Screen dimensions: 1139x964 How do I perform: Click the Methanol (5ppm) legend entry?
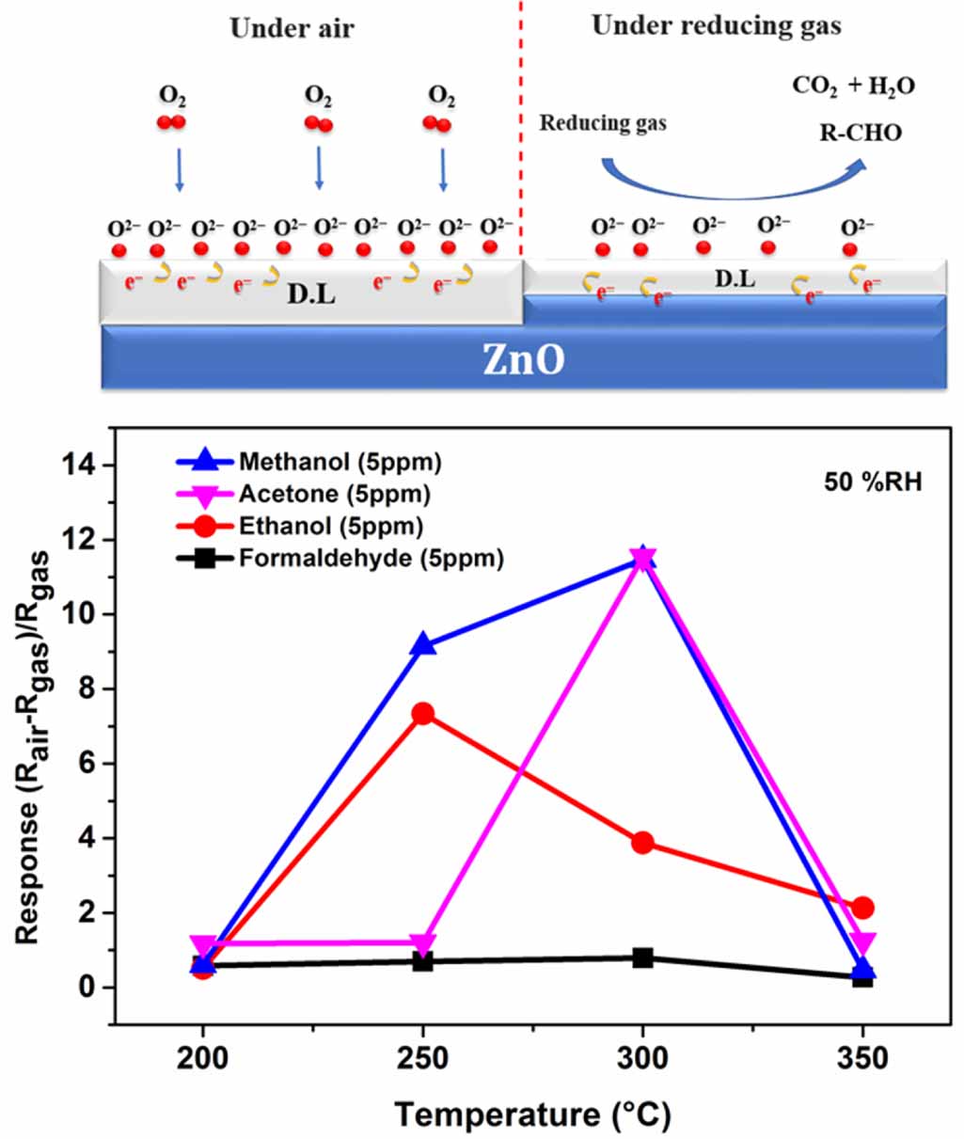(339, 462)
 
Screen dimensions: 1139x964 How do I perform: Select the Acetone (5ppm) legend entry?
(334, 494)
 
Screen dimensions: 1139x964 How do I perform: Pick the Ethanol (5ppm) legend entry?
(330, 526)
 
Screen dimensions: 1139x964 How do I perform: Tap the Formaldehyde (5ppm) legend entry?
(371, 558)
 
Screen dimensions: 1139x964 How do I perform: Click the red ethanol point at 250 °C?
(422, 714)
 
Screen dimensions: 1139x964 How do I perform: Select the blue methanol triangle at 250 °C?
(422, 645)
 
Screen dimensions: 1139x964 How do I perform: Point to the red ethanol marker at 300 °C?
(642, 842)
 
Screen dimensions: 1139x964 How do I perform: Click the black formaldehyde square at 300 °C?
(642, 958)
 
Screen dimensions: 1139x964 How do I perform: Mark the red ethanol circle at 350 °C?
(862, 908)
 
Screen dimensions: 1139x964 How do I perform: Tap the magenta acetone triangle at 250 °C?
(422, 944)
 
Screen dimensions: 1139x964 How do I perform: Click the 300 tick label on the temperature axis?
(642, 1058)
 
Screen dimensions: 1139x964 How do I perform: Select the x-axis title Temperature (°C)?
(532, 1115)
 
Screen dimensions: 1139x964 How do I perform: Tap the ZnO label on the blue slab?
(524, 359)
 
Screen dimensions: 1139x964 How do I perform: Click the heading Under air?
(292, 28)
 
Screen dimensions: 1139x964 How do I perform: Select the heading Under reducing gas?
(716, 25)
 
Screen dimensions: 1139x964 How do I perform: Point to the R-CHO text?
(860, 133)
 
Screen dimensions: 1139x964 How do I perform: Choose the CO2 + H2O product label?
(853, 86)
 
